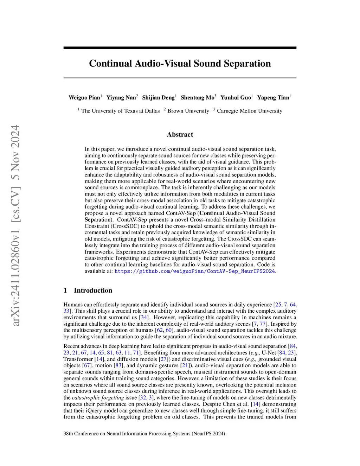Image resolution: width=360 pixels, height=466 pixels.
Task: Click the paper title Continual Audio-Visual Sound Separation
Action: [x=180, y=63]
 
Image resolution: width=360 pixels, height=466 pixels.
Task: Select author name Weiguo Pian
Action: [x=84, y=97]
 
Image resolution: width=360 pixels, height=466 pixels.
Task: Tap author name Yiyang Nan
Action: [x=121, y=97]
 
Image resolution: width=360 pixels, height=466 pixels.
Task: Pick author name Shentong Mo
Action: [x=197, y=97]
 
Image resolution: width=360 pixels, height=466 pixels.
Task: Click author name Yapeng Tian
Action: [x=273, y=97]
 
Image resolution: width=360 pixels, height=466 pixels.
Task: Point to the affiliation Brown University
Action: [x=188, y=111]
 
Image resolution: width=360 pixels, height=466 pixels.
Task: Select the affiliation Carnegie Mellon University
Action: [x=249, y=111]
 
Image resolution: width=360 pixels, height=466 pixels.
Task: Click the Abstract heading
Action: [x=180, y=134]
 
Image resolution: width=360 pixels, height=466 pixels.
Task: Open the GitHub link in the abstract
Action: [x=194, y=271]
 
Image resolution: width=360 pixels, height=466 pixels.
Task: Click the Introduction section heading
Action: [x=93, y=290]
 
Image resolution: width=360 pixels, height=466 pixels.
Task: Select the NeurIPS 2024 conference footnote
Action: [x=145, y=434]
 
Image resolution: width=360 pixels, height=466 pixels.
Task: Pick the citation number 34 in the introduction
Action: [x=144, y=317]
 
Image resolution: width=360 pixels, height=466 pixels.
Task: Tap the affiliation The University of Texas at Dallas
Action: [x=120, y=111]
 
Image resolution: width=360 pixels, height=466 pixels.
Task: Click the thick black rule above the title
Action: [x=180, y=48]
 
